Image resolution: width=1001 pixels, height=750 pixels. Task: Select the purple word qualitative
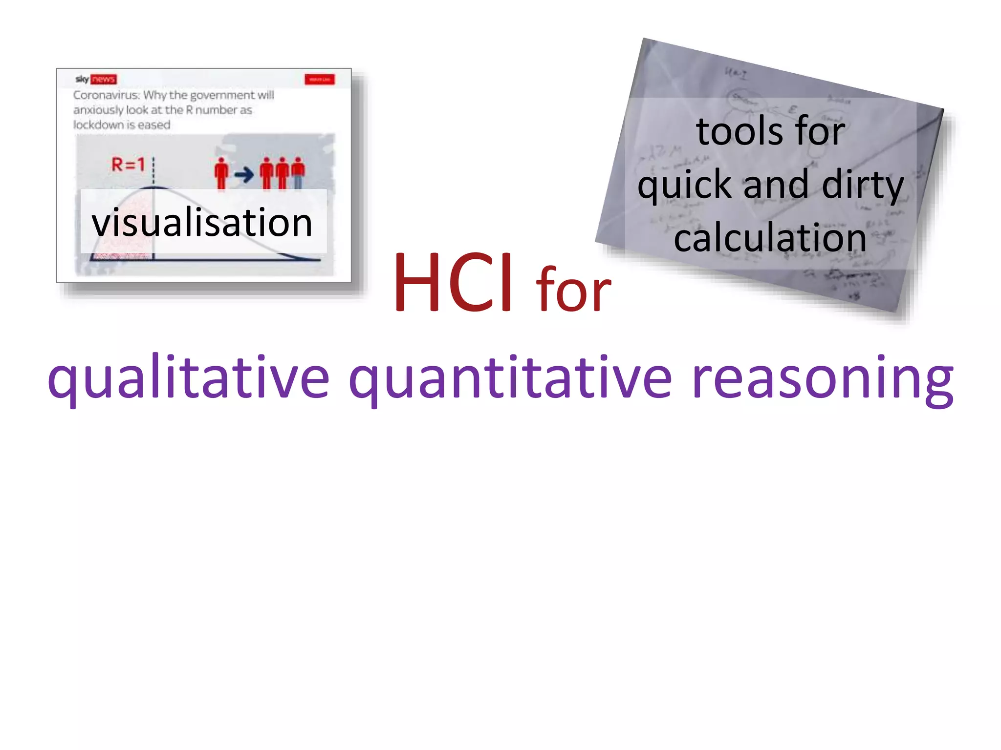click(189, 378)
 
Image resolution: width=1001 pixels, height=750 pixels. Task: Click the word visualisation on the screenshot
click(202, 223)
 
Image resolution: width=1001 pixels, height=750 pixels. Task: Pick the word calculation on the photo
click(770, 238)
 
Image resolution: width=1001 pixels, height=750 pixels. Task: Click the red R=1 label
click(128, 165)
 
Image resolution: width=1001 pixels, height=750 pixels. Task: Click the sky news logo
click(96, 79)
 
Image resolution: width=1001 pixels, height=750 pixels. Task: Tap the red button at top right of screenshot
click(320, 79)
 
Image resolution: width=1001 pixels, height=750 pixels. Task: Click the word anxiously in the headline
click(97, 110)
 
